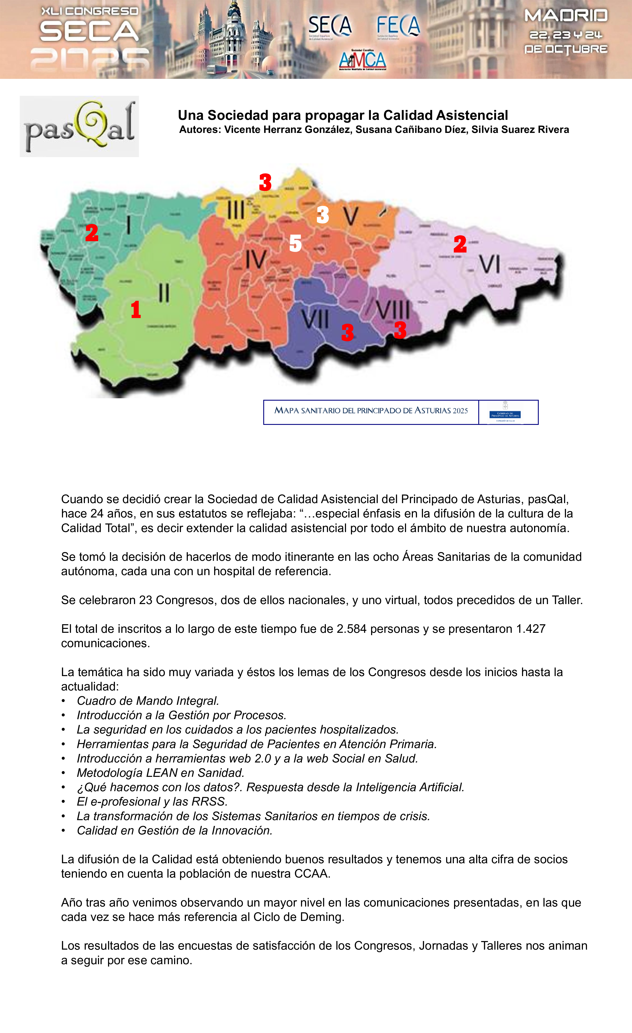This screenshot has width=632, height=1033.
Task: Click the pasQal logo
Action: pyautogui.click(x=79, y=126)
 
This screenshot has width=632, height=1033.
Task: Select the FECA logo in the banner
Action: pyautogui.click(x=398, y=26)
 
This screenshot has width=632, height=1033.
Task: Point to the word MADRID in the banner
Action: pyautogui.click(x=566, y=16)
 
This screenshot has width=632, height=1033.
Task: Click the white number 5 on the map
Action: pyautogui.click(x=295, y=243)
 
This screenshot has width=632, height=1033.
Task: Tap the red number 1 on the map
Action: pyautogui.click(x=135, y=310)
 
